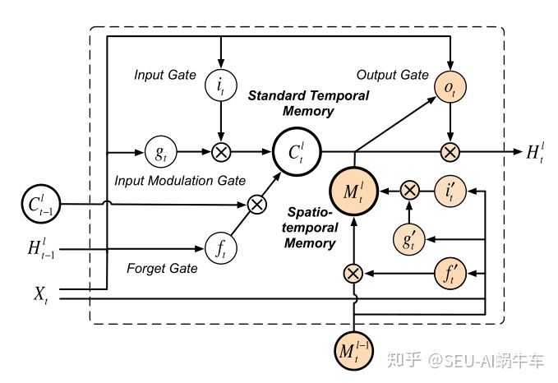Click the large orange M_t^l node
click(353, 191)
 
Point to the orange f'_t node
click(449, 271)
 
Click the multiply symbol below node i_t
click(220, 151)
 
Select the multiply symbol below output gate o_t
click(449, 151)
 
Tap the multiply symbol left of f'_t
click(353, 271)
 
